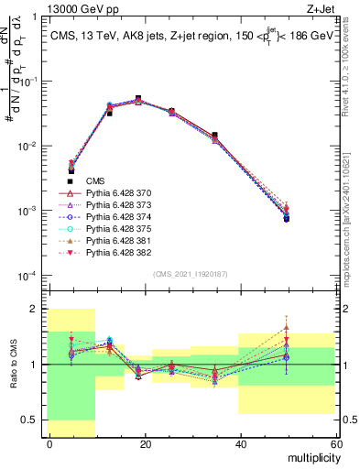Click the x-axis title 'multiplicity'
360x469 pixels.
[x=311, y=457]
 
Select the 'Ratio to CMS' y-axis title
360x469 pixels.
[x=13, y=364]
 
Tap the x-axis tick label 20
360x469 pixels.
[x=144, y=444]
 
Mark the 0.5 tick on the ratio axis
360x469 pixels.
[x=34, y=420]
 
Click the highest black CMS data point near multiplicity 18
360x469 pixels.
[x=137, y=98]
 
